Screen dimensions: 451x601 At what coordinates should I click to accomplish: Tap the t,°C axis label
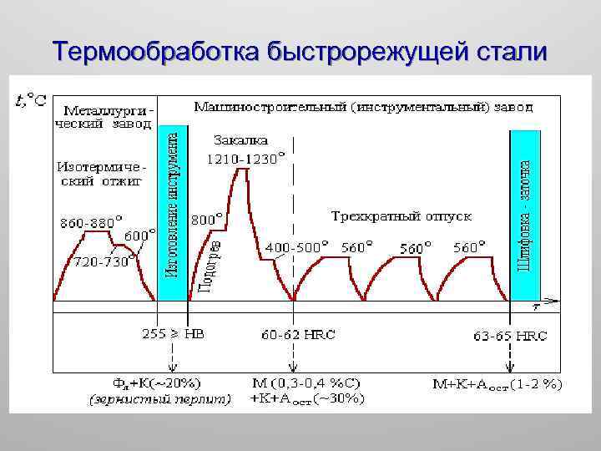(x=31, y=101)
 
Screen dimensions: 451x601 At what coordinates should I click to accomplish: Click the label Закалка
(x=241, y=139)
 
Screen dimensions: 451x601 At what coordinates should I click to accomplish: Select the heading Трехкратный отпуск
(x=401, y=215)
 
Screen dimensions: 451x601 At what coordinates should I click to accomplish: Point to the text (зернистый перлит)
(x=159, y=399)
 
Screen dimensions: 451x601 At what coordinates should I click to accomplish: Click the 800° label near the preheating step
(x=207, y=219)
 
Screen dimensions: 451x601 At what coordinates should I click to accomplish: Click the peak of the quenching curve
(x=243, y=170)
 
